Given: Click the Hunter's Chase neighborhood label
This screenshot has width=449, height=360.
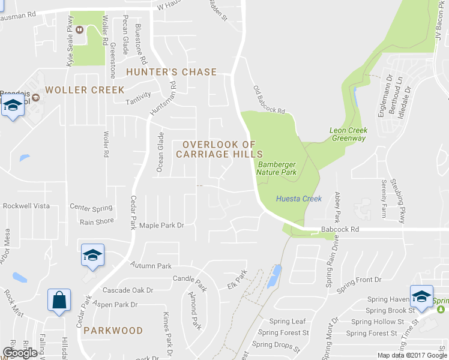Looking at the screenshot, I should (x=171, y=72).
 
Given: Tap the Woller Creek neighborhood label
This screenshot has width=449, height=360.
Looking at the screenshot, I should (x=85, y=90).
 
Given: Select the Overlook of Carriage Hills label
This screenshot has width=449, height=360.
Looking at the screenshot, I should (x=219, y=149).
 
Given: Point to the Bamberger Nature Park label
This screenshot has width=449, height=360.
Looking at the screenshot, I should (x=277, y=167).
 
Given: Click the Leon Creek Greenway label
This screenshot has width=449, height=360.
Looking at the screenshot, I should (x=348, y=134).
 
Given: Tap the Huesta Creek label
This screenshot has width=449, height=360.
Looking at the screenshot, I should (x=299, y=199).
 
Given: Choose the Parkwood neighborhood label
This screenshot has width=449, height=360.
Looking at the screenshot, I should (x=113, y=331).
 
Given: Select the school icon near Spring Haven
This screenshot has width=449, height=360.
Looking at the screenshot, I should (x=421, y=296).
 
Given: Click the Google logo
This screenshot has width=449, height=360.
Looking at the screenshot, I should (x=20, y=353).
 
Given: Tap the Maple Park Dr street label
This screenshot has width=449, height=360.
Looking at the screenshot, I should (x=161, y=226).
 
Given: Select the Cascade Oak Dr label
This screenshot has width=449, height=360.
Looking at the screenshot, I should (x=128, y=290).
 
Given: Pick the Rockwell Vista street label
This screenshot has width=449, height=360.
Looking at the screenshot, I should (x=26, y=206).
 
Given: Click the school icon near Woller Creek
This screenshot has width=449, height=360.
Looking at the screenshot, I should (x=12, y=107).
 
